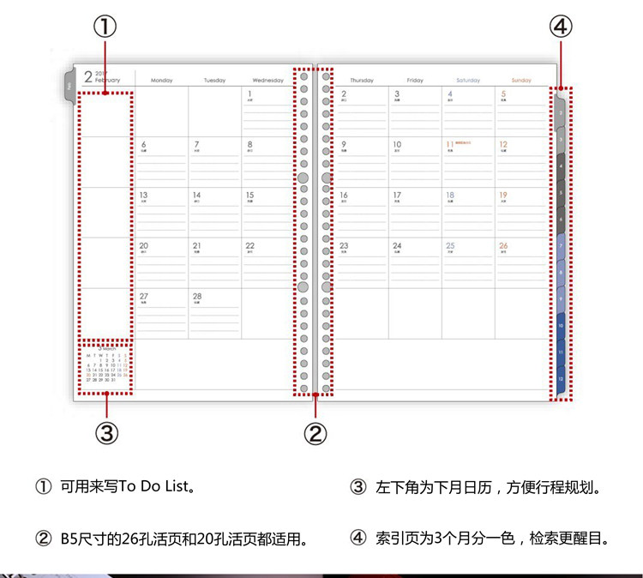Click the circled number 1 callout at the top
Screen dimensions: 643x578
point(105,28)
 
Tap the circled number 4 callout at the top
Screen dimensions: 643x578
point(560,28)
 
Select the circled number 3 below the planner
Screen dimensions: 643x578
point(106,433)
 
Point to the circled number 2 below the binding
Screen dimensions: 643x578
point(315,433)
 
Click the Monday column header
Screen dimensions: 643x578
point(161,81)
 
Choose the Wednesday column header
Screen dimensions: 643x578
point(267,81)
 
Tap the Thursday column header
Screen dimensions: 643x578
point(362,81)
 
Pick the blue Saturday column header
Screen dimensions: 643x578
point(468,81)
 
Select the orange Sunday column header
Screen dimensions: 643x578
point(521,81)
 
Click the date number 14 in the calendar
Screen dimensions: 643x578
point(196,196)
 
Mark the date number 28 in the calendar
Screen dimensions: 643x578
point(196,297)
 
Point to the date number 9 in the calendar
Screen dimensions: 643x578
point(344,144)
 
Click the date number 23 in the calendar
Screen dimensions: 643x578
point(344,245)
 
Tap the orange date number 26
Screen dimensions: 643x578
point(503,245)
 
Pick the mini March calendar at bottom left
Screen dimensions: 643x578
point(106,367)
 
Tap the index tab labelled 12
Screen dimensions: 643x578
point(561,378)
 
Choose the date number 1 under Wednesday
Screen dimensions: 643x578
point(249,93)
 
